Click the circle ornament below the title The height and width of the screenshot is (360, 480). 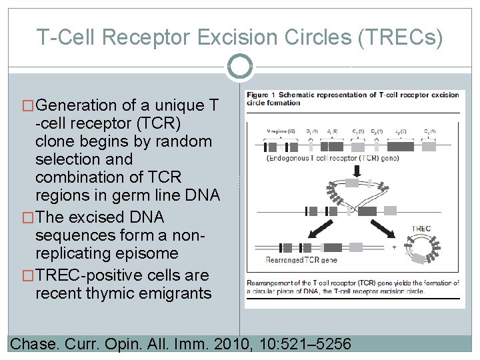click(239, 67)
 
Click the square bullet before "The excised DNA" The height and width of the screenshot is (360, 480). click(29, 217)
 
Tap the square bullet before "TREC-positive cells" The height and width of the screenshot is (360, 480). click(29, 275)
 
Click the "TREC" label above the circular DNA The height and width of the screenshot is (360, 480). click(421, 229)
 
